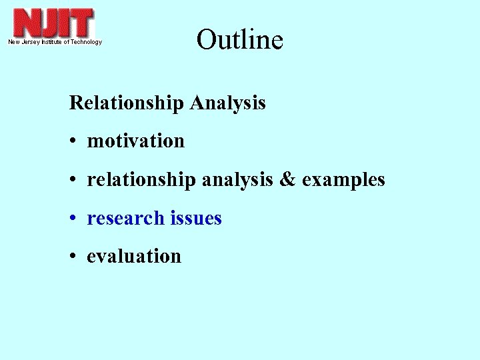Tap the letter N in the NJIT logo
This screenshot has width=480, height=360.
tap(28, 23)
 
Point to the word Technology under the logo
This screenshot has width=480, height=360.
tap(86, 42)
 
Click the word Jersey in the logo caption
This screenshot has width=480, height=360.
tap(31, 42)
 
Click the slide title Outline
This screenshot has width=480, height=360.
tap(240, 40)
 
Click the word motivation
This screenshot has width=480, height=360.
tap(135, 141)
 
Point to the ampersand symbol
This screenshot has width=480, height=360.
tap(287, 180)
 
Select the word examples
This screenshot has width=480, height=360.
tap(343, 180)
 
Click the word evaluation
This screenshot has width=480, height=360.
tap(134, 257)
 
